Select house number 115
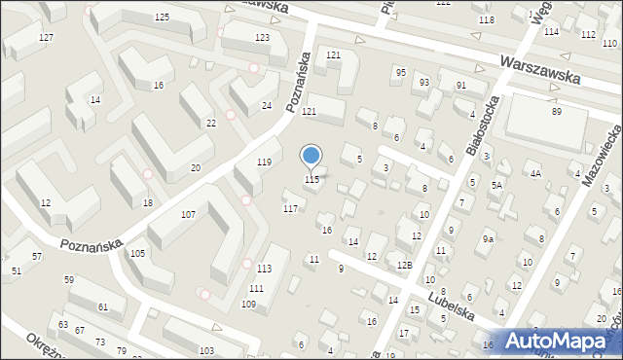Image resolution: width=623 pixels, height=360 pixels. pyautogui.click(x=311, y=179)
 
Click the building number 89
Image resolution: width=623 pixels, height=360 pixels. pyautogui.click(x=556, y=112)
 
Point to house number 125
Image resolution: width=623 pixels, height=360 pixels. pyautogui.click(x=162, y=18)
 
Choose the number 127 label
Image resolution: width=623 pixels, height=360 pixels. pyautogui.click(x=46, y=37)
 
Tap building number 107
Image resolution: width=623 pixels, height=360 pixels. pyautogui.click(x=189, y=214)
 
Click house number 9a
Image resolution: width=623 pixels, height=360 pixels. pyautogui.click(x=488, y=238)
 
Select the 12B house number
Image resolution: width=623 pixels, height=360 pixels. pyautogui.click(x=404, y=265)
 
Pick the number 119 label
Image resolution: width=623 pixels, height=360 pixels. pyautogui.click(x=263, y=162)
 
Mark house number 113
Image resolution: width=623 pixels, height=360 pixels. pyautogui.click(x=264, y=269)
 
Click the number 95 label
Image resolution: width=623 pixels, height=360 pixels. pyautogui.click(x=400, y=72)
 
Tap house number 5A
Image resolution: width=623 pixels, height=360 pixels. pyautogui.click(x=496, y=185)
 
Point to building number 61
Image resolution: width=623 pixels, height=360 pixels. pyautogui.click(x=104, y=306)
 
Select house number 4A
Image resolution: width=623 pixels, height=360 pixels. pyautogui.click(x=535, y=173)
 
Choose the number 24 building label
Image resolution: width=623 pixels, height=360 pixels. pyautogui.click(x=266, y=105)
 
